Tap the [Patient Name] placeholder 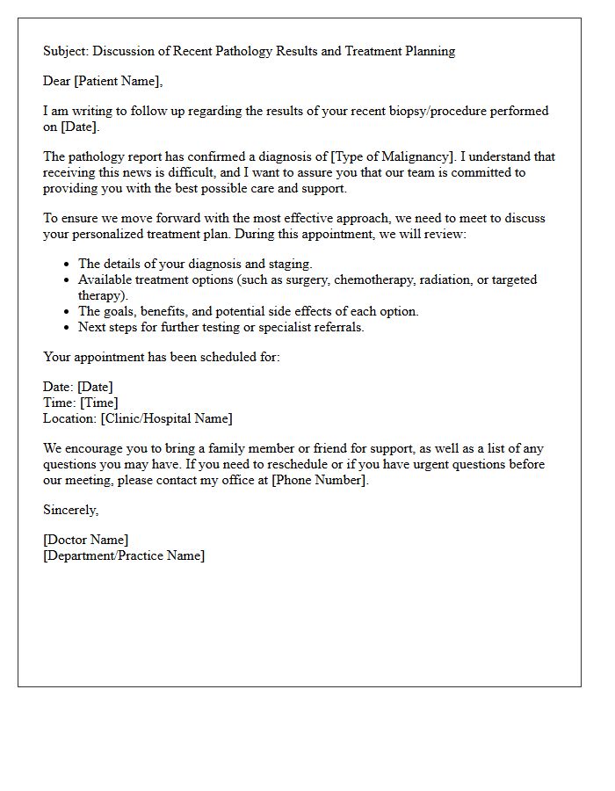(x=118, y=81)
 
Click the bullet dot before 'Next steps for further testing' (x=68, y=327)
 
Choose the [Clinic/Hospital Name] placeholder (x=167, y=418)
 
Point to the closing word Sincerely (x=70, y=510)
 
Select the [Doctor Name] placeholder (x=85, y=540)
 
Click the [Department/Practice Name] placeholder (x=124, y=555)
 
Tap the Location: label (x=70, y=418)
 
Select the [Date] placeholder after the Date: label (x=95, y=387)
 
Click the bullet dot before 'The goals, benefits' (x=68, y=311)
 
